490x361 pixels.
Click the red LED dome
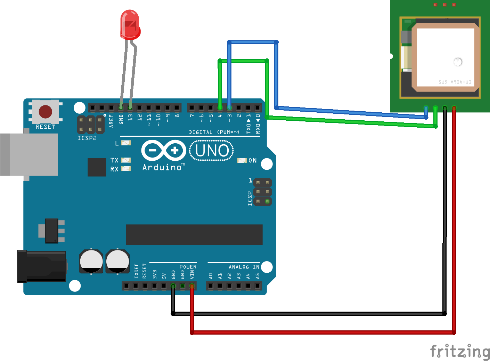[130, 24]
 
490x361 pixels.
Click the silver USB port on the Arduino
[30, 154]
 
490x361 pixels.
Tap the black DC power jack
[42, 266]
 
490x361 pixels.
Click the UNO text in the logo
[212, 151]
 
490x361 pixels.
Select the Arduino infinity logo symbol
[164, 150]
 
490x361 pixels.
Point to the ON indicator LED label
[253, 160]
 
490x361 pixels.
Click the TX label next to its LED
[114, 160]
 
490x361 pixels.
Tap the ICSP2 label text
[87, 138]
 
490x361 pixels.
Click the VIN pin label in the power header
[192, 275]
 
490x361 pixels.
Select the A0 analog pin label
[211, 276]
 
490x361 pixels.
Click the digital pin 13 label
[130, 118]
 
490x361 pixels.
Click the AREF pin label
[111, 121]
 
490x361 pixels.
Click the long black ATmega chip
[194, 234]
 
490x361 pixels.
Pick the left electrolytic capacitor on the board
[91, 261]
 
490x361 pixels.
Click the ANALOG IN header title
[244, 267]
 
